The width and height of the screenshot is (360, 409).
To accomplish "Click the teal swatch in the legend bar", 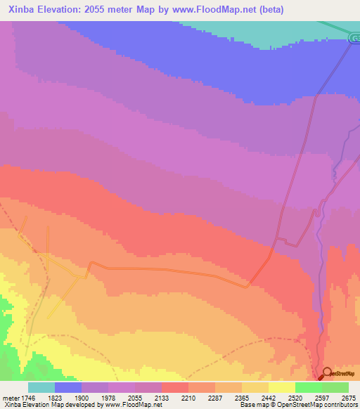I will pos(41,387).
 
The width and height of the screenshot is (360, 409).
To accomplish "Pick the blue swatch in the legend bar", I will pos(68,387).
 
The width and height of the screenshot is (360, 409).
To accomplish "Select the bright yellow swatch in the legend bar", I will pos(282,387).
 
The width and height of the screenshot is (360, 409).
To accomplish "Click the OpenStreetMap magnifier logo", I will pos(326,373).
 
